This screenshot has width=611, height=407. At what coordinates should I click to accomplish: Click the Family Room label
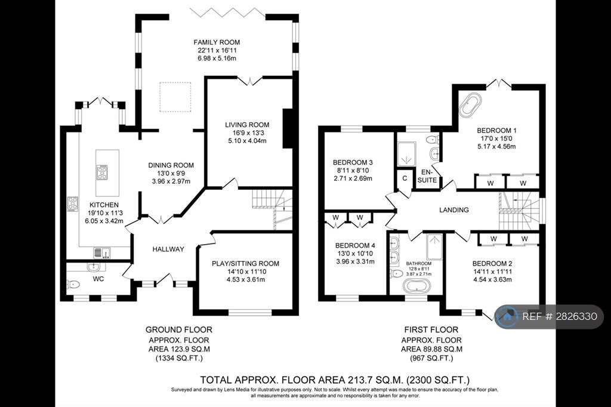217,42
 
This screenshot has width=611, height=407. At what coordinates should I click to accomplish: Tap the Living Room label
247,125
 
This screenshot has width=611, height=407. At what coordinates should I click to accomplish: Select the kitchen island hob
102,172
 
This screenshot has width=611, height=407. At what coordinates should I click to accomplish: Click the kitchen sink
102,252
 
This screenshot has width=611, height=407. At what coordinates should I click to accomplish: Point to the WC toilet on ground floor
73,285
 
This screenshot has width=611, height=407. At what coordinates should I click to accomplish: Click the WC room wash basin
94,267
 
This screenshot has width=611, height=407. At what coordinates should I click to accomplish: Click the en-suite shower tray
406,155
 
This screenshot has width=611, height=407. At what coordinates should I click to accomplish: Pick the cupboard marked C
405,178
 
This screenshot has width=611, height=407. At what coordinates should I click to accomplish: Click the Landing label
454,209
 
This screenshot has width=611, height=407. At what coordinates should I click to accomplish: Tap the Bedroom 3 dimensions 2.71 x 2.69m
353,178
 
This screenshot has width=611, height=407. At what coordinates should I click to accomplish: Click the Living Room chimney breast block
288,128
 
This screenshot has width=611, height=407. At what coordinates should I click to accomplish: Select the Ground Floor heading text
179,329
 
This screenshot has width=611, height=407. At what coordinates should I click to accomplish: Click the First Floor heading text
431,329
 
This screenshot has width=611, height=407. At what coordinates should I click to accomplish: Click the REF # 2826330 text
560,316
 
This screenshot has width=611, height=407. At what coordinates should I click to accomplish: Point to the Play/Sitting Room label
245,264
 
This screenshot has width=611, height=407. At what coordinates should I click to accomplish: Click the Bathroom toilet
396,273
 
